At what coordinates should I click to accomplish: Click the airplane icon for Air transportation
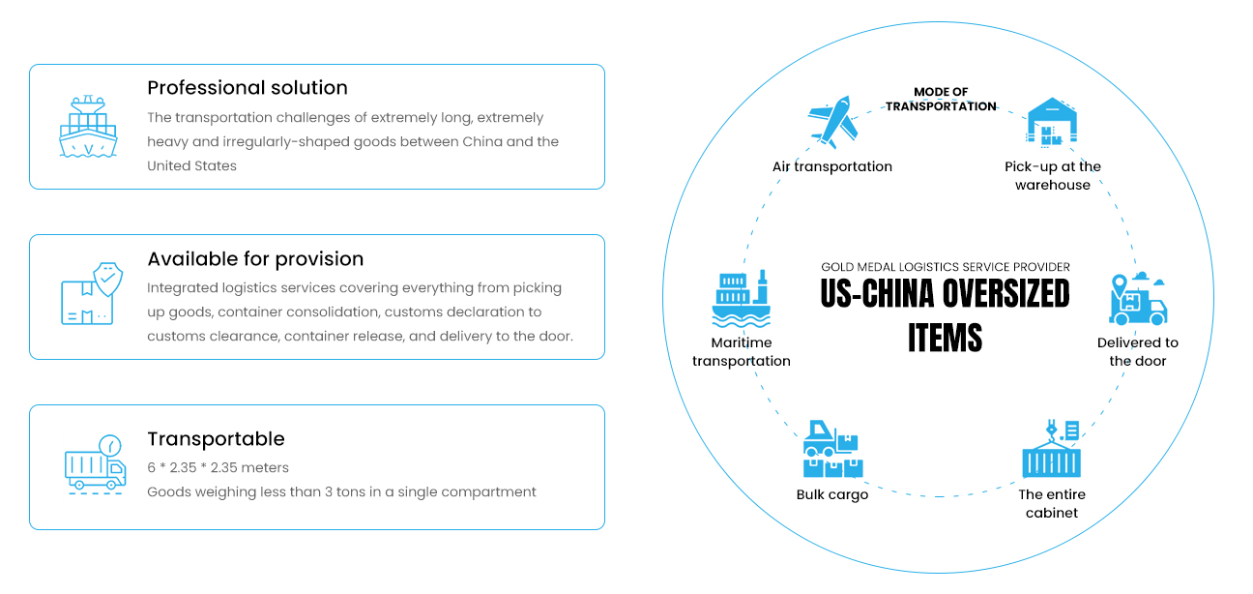832,123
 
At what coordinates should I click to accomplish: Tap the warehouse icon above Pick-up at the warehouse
1052,122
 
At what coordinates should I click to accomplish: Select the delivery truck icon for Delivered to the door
1138,299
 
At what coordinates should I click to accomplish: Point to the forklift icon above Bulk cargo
832,450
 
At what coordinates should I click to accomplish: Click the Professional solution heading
248,88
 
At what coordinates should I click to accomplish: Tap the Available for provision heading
255,259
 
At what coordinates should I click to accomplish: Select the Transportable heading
216,439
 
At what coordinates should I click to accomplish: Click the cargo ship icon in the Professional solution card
88,127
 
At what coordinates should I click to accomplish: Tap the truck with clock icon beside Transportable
95,466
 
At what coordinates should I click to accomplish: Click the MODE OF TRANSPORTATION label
941,100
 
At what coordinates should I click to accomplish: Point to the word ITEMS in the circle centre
945,338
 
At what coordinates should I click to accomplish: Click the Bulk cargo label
832,495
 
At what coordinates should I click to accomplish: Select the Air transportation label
832,166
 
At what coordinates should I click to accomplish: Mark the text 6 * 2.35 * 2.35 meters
218,468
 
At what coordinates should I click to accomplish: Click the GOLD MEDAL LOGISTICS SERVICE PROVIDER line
946,267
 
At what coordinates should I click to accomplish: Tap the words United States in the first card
191,166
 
